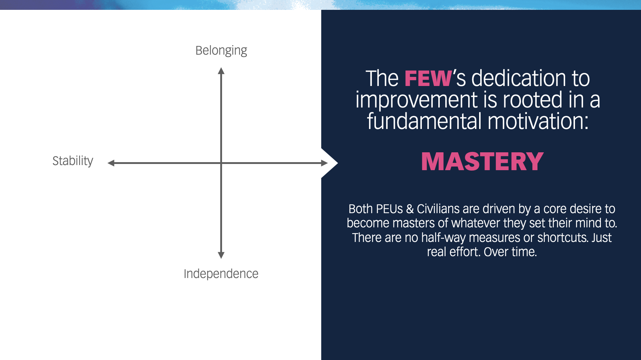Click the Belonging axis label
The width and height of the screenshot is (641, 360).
pos(221,51)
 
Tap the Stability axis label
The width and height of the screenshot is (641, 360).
pos(73,161)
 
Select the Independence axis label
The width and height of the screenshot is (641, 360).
pos(221,274)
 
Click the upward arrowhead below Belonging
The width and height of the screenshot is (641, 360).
pos(221,71)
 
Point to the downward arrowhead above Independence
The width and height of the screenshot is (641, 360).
pos(221,255)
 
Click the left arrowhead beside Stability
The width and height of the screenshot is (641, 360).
pos(111,163)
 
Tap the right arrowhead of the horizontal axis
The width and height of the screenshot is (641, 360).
pos(324,163)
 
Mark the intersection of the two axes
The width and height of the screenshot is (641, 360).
pos(221,163)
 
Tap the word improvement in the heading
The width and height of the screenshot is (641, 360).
pos(416,100)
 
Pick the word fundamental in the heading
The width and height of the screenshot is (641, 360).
pos(424,121)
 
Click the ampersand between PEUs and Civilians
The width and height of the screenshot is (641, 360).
pos(410,209)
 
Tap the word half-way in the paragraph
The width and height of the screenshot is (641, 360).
pos(443,238)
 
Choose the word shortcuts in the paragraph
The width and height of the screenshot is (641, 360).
pos(563,238)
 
